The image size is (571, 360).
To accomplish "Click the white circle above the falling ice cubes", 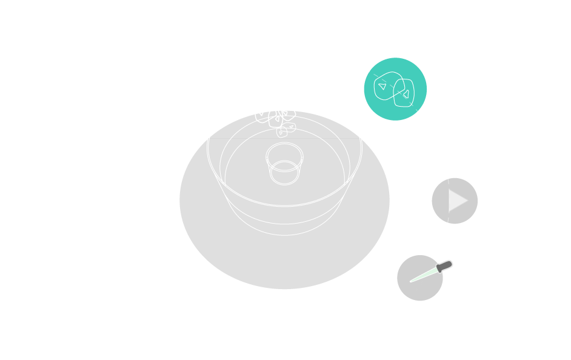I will pyautogui.click(x=284, y=50).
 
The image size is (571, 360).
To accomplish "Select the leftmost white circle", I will pyautogui.click(x=127, y=197).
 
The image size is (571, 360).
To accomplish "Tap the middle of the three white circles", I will pyautogui.click(x=173, y=89).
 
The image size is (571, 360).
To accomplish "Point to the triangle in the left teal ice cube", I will pyautogui.click(x=382, y=87).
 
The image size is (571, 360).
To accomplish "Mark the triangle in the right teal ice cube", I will pyautogui.click(x=406, y=95).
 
